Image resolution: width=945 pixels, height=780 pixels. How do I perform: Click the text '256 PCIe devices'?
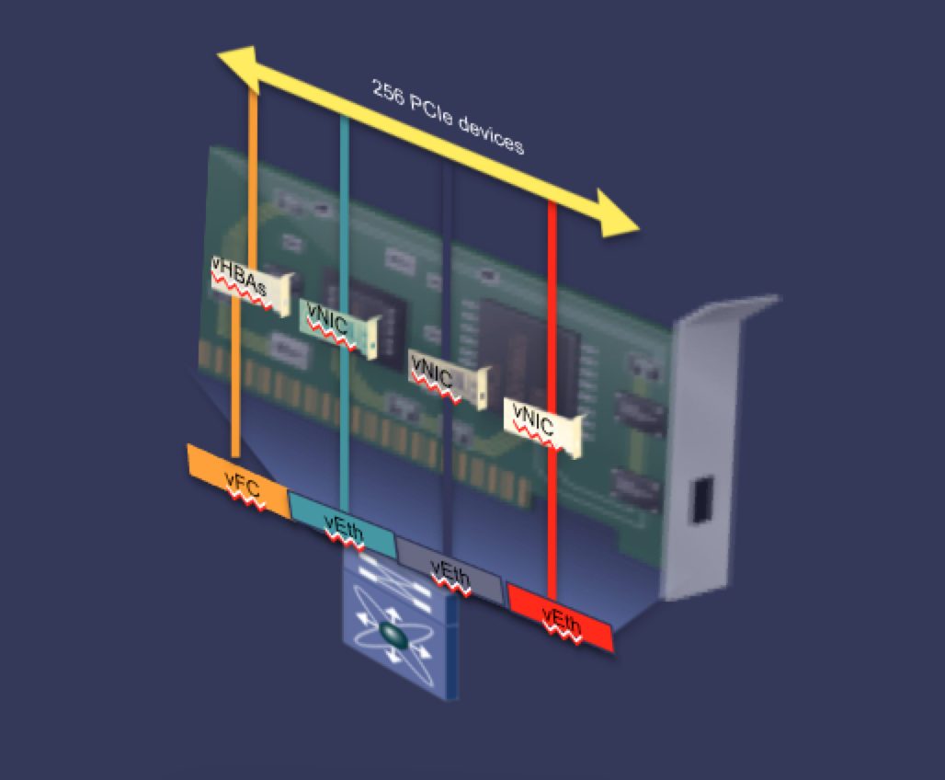coord(447,117)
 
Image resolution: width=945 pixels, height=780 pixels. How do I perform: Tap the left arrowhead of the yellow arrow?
coord(239,67)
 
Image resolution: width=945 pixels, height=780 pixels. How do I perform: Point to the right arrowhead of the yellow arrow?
coord(616,214)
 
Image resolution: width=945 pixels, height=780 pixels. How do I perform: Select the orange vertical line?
coord(245,272)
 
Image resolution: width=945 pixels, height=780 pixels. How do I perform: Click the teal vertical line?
coord(344,315)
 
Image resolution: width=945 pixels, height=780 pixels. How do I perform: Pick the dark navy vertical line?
coord(448,359)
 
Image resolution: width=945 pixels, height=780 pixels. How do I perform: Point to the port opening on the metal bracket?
coord(702,499)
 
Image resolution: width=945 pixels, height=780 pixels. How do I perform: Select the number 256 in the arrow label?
coord(388,93)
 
